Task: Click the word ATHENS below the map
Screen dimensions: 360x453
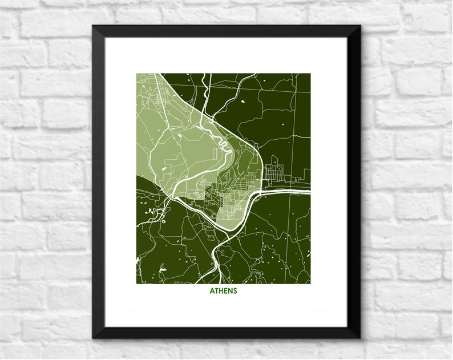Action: (x=223, y=290)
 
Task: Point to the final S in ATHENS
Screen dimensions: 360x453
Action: (x=234, y=290)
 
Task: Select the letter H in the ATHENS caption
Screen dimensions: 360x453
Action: (x=221, y=290)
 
